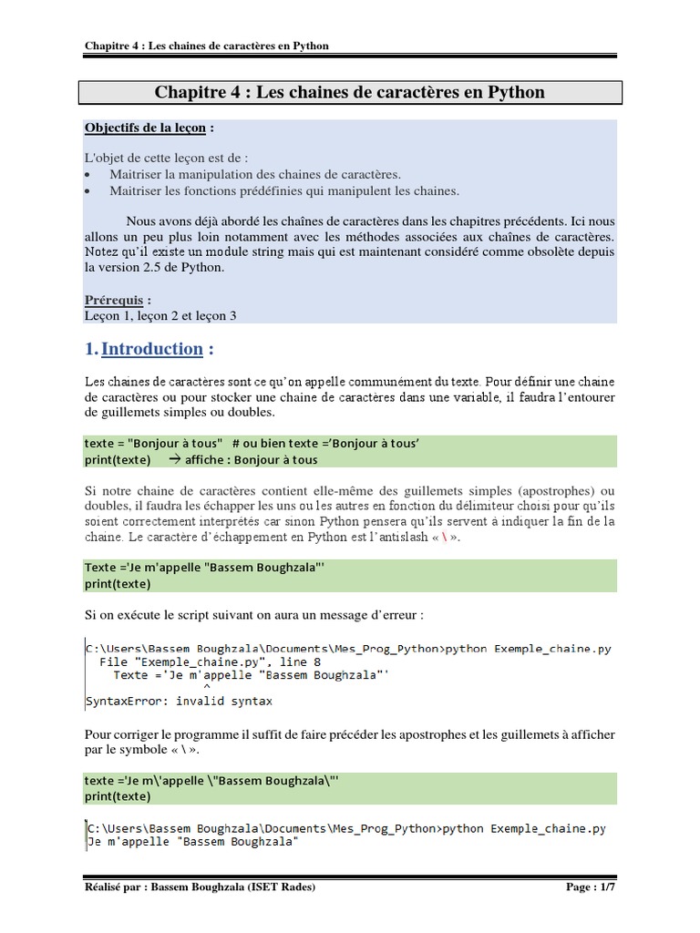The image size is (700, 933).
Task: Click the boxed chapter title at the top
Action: tap(350, 92)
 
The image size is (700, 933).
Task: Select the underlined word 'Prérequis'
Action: tap(114, 299)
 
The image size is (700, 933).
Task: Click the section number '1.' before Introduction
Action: tap(91, 349)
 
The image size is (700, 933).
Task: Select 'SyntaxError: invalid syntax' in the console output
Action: tap(179, 702)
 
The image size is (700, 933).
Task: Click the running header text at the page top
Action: tap(207, 46)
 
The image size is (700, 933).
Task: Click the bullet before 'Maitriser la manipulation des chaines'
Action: tap(87, 174)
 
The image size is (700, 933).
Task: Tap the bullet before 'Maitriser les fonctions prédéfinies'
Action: tap(87, 191)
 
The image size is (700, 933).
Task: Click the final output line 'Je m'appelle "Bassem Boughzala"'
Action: tap(192, 843)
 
